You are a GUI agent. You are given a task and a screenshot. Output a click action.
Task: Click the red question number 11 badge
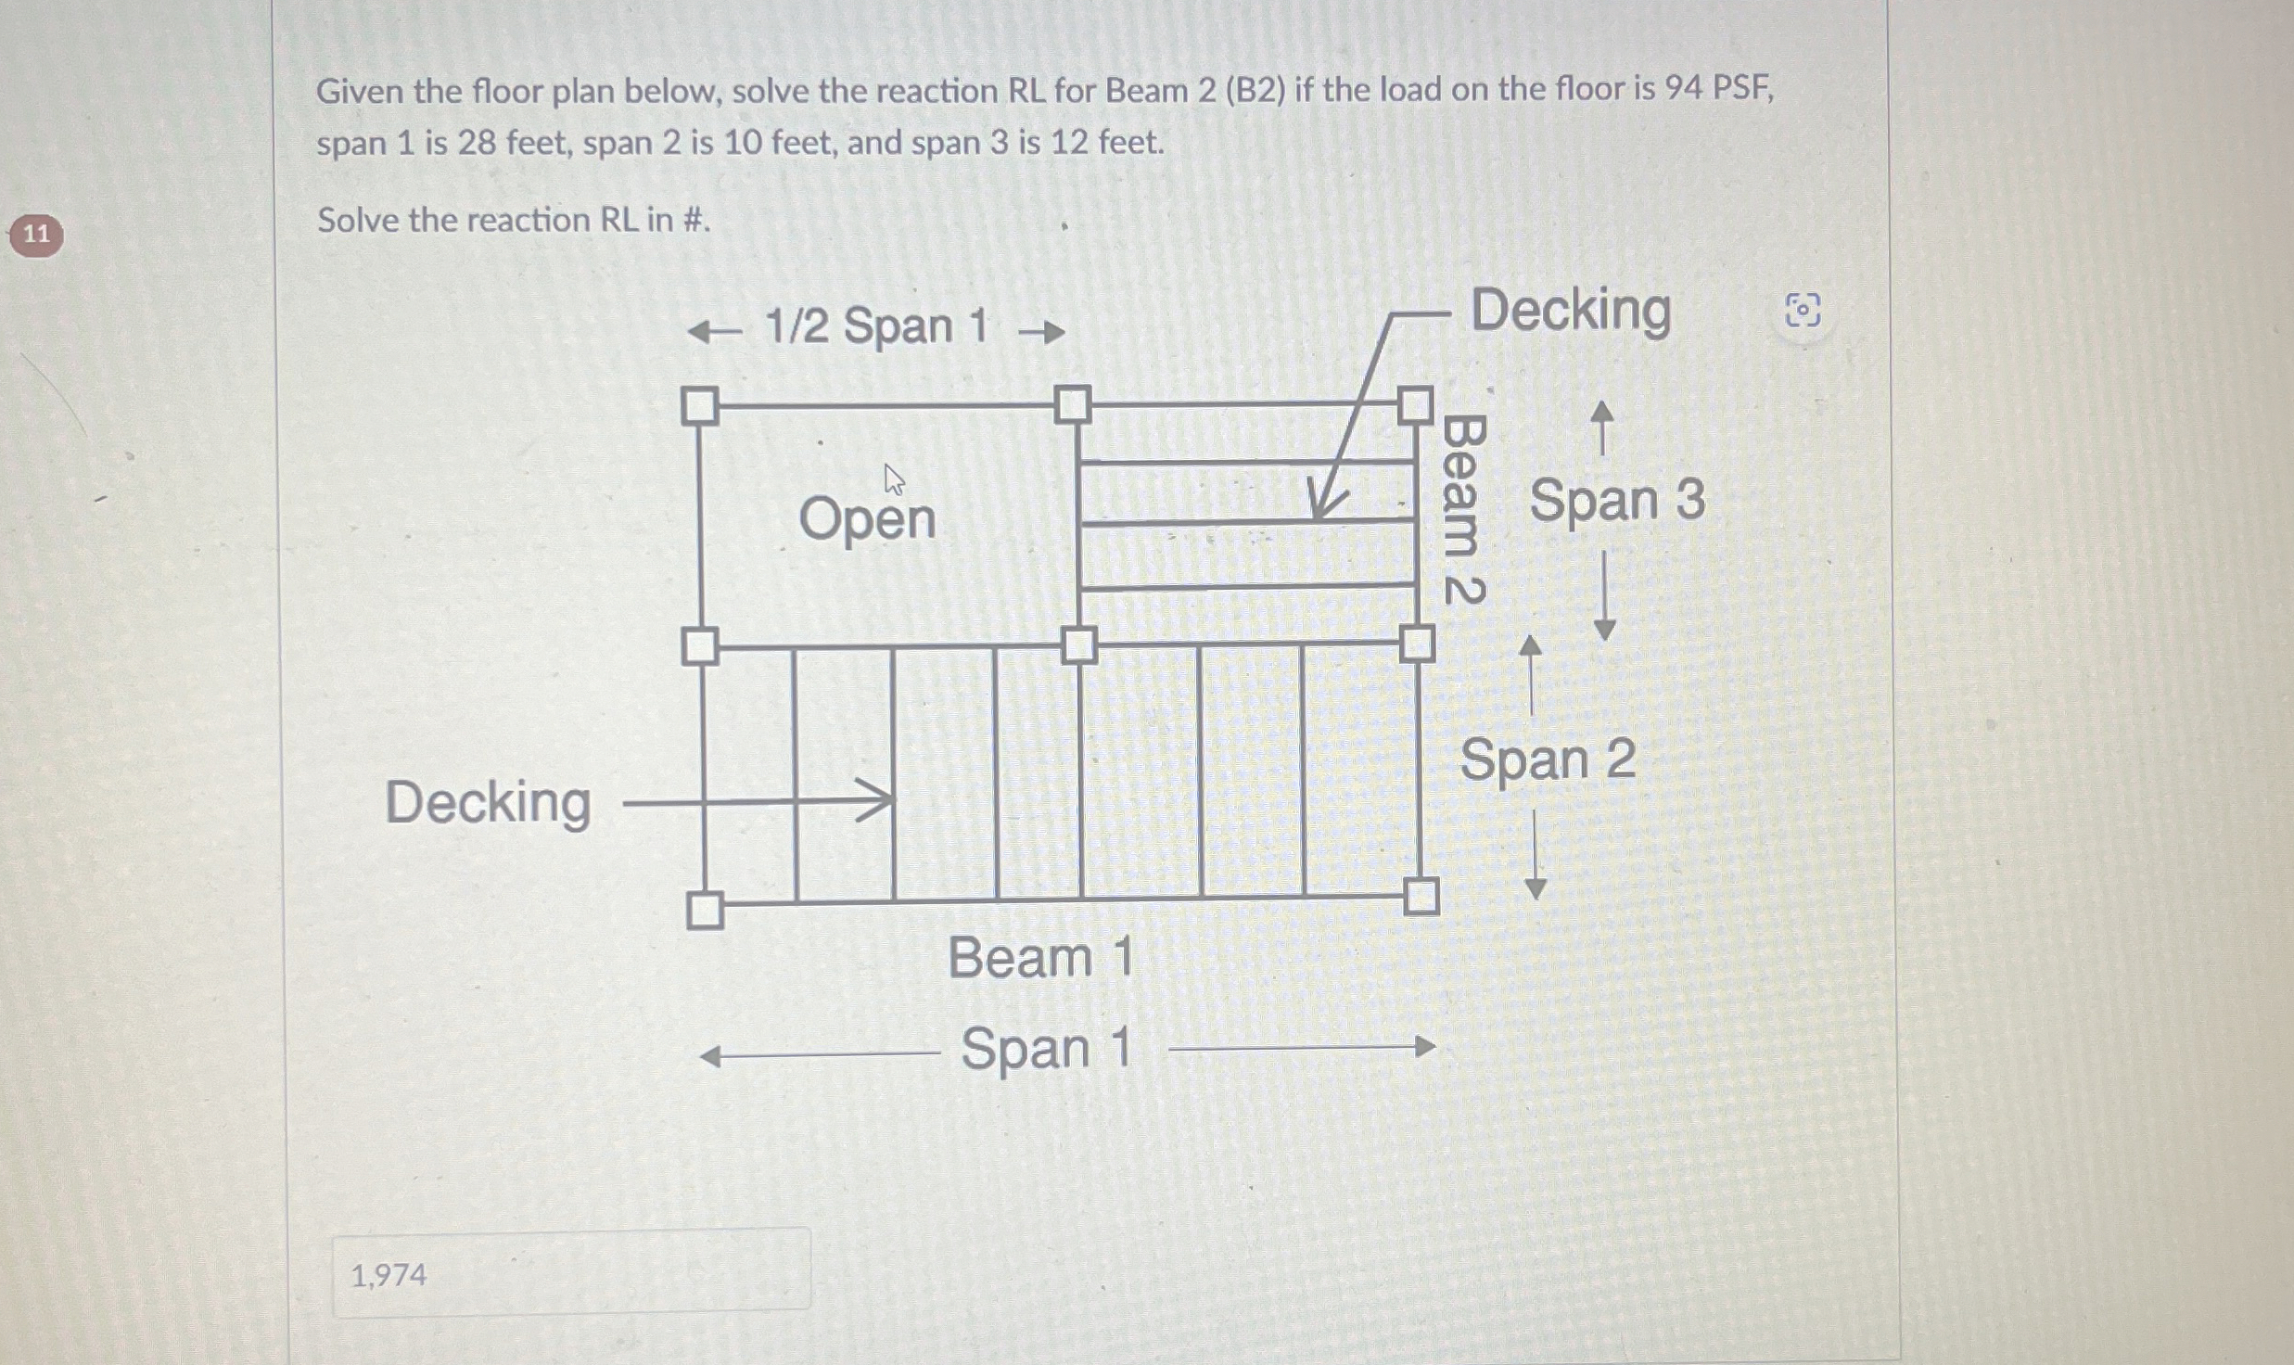tap(36, 235)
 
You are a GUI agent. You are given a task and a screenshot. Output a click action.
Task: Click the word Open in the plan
tap(867, 519)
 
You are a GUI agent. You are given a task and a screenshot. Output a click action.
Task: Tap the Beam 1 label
tap(1040, 958)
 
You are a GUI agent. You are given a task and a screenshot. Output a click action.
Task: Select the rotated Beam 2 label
tap(1464, 510)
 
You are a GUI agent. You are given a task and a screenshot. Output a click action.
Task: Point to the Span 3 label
tap(1616, 501)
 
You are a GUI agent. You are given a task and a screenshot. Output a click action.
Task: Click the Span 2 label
tap(1548, 760)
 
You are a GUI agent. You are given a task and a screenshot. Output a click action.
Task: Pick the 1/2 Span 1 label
tap(875, 327)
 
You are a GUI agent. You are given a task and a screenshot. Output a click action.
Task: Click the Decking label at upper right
tap(1571, 310)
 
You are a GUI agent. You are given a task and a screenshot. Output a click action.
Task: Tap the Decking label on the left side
tap(488, 803)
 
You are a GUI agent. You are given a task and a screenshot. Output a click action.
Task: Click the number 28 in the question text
tap(476, 144)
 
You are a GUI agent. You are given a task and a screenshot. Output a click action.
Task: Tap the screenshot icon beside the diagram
tap(1803, 311)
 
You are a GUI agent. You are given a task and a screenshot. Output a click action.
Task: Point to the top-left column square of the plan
tap(700, 406)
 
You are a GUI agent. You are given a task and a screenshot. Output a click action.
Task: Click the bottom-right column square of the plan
tap(1421, 896)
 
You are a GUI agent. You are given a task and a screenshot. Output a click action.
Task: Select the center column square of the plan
tap(1077, 644)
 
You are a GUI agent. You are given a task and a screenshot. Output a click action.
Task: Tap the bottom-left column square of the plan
tap(705, 910)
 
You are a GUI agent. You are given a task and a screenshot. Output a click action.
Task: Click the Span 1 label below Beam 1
tap(1046, 1050)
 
